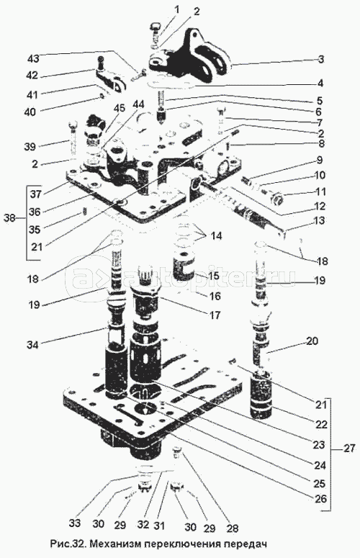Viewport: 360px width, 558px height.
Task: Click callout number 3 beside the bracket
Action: tap(321, 59)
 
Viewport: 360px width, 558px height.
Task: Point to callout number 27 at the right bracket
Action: tap(349, 449)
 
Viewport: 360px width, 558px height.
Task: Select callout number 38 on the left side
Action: tap(10, 217)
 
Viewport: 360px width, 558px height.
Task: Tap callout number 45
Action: tap(120, 108)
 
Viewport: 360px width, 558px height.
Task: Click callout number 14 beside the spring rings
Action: tap(215, 235)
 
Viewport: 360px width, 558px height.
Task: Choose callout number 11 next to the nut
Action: tap(320, 192)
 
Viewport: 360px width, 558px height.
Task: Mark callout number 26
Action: tap(320, 498)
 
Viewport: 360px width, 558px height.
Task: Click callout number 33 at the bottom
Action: tap(75, 523)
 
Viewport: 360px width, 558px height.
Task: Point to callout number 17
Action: tap(215, 315)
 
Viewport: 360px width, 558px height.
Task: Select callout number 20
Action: tap(311, 341)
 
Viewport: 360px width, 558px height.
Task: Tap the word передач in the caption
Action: tap(244, 544)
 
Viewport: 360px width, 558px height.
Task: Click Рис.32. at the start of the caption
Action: tap(67, 544)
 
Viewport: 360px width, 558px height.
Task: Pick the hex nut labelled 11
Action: tap(277, 199)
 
